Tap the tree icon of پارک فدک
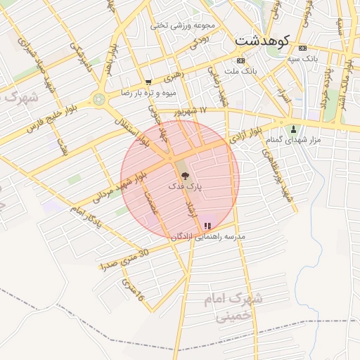tap(185, 174)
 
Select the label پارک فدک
tap(185, 187)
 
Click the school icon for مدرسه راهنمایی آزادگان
tap(207, 226)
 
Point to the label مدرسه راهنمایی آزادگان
tap(208, 237)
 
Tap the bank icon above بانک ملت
tap(240, 61)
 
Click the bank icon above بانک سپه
tap(302, 48)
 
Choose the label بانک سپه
tap(302, 58)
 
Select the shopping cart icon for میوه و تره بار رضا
tap(148, 82)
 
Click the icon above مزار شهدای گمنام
tap(294, 129)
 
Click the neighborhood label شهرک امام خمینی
tap(231, 307)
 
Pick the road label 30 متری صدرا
tap(124, 260)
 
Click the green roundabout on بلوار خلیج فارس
tap(99, 99)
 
